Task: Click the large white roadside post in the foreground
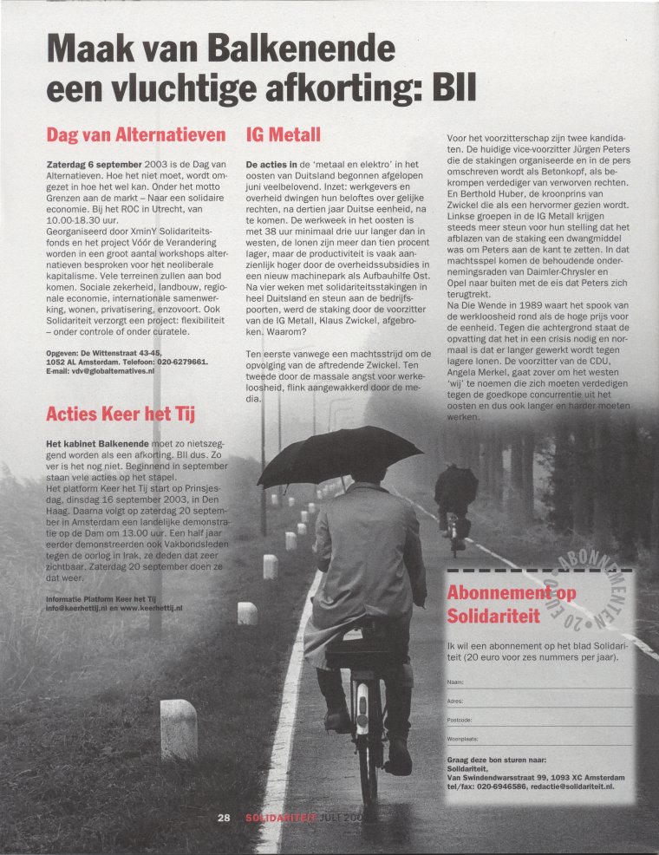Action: click(x=179, y=728)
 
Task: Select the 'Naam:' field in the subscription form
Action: click(x=538, y=682)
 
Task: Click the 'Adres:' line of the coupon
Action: click(x=538, y=701)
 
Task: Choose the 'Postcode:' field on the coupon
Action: click(x=538, y=720)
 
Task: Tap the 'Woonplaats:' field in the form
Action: click(x=538, y=738)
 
